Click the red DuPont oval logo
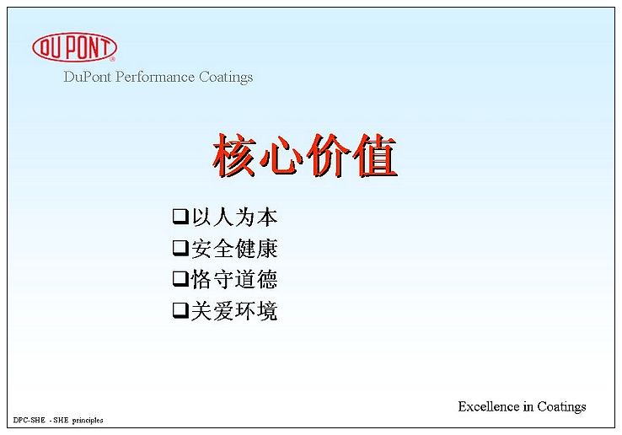click(x=74, y=47)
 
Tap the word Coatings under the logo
click(x=226, y=77)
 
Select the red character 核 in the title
click(x=235, y=155)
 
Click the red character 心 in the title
click(x=282, y=155)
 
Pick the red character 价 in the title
click(x=328, y=155)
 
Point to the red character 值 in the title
click(x=375, y=155)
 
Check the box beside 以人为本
click(x=180, y=217)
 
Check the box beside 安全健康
click(x=180, y=248)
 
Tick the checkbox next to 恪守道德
click(x=180, y=279)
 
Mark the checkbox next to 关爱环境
click(x=180, y=310)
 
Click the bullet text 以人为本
click(x=234, y=217)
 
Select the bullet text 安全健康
click(x=234, y=248)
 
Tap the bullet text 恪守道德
click(x=234, y=279)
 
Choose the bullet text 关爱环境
click(x=234, y=310)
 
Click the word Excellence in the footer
click(x=489, y=406)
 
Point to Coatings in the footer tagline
click(x=561, y=407)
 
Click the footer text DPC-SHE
click(x=29, y=420)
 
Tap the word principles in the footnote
click(x=88, y=421)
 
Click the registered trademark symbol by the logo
click(x=112, y=59)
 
